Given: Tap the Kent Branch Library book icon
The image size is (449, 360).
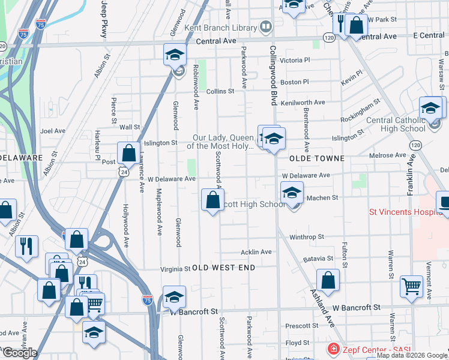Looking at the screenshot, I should (265, 27).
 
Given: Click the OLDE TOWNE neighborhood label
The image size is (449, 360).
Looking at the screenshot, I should (317, 158).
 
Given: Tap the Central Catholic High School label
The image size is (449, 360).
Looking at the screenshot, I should (395, 124).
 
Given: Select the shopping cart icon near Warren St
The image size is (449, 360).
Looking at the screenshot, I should (411, 286).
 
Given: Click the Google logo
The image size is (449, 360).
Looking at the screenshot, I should (19, 352).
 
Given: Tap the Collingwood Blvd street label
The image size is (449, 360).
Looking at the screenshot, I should (273, 74).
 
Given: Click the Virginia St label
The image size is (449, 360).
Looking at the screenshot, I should (175, 269).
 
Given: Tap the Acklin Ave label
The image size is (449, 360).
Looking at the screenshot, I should (256, 252).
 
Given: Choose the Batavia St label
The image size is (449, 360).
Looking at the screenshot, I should (318, 259).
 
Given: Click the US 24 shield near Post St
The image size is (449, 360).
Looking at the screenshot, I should (123, 172).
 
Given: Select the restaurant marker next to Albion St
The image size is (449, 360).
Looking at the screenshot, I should (27, 247).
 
